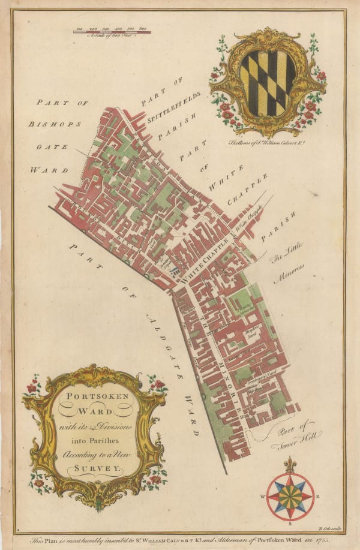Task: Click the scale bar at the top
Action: tap(112, 31)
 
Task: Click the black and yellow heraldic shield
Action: tap(268, 83)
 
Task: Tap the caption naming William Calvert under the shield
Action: tap(268, 143)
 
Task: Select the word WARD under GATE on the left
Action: tap(58, 170)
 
